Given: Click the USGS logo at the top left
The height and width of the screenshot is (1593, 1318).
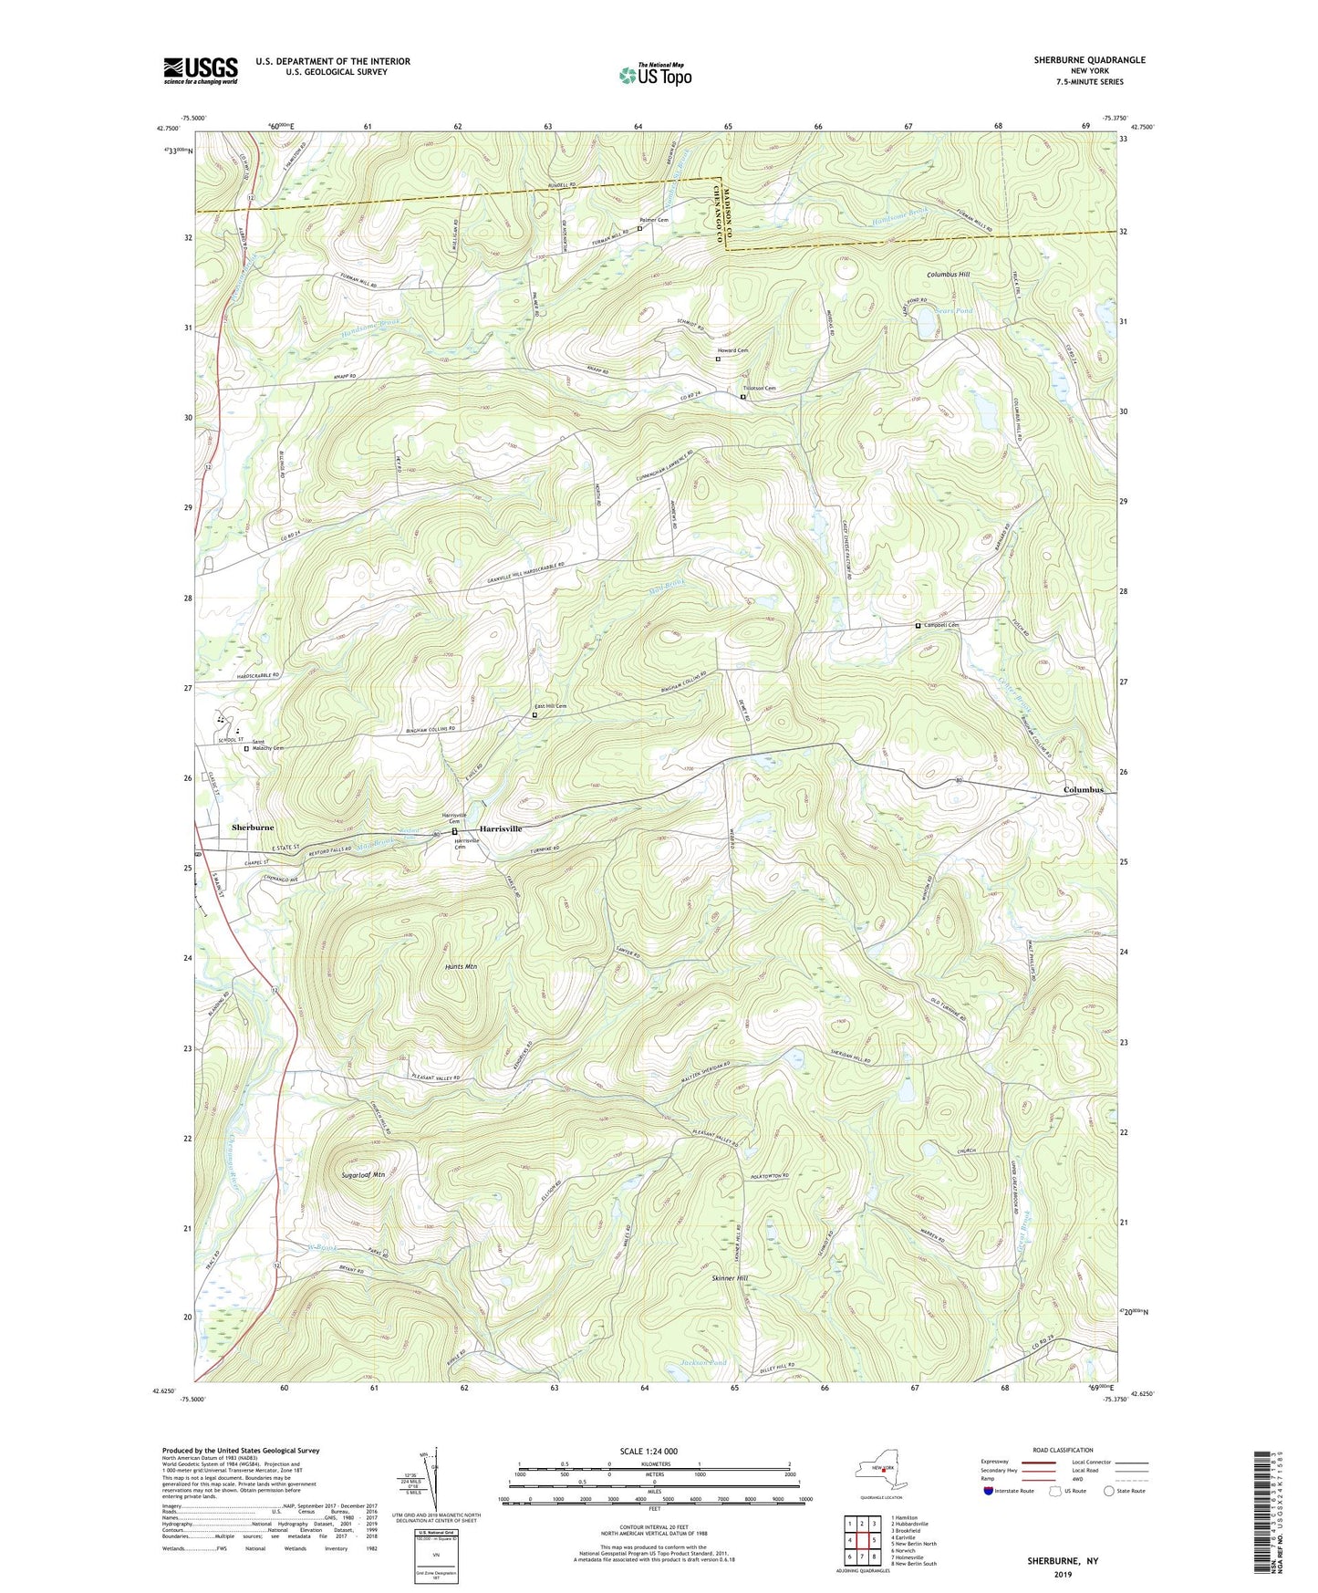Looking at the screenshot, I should (201, 70).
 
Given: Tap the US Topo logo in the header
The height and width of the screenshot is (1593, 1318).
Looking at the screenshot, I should (654, 75).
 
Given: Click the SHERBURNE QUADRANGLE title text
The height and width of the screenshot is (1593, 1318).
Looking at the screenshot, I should (1089, 60).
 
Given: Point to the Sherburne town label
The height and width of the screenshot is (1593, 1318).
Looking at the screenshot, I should (253, 828).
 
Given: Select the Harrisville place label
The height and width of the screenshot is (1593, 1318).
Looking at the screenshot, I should (496, 828).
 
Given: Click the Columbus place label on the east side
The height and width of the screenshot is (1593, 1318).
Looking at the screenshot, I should (1084, 790).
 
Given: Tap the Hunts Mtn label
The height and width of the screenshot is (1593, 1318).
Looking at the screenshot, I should (462, 966).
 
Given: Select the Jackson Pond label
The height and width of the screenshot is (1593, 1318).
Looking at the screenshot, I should (704, 1362).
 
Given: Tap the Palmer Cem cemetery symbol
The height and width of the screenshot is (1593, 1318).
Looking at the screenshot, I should (639, 229).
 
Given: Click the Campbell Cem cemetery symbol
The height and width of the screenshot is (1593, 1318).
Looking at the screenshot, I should (918, 626).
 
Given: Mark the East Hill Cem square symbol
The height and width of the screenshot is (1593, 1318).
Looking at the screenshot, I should (534, 715).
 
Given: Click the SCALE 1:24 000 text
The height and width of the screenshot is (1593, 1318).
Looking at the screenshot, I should (654, 1451).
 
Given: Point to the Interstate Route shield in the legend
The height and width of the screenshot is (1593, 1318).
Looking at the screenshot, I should (990, 1491).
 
